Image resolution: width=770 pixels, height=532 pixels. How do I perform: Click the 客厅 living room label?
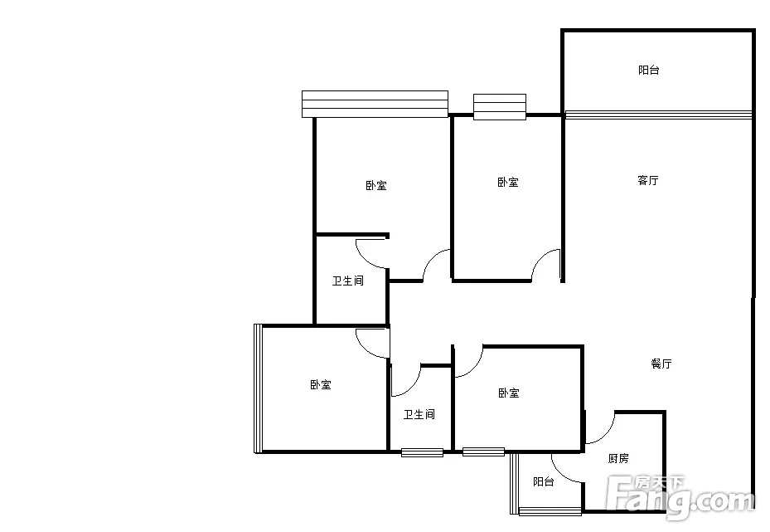(x=647, y=180)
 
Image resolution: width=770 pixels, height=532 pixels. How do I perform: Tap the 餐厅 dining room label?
(x=661, y=364)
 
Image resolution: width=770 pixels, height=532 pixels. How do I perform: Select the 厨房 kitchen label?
(x=618, y=458)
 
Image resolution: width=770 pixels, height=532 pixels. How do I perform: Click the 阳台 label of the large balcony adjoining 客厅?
(x=649, y=70)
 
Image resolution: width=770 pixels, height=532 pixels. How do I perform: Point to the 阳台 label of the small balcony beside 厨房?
(x=544, y=482)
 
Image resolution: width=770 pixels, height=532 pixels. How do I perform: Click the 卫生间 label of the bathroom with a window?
(x=419, y=414)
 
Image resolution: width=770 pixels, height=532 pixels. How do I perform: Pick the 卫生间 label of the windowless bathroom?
(x=347, y=281)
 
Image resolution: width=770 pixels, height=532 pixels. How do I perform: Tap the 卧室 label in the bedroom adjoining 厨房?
(x=508, y=393)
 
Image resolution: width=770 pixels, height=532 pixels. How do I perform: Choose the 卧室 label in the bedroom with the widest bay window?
(x=376, y=185)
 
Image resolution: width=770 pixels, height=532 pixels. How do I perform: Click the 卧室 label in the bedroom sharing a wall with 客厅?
(x=508, y=183)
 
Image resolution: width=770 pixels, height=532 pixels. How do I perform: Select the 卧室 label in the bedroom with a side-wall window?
(x=321, y=384)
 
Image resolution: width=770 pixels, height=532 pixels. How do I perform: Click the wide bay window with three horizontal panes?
(x=375, y=105)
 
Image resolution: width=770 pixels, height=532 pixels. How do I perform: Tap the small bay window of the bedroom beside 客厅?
(x=500, y=107)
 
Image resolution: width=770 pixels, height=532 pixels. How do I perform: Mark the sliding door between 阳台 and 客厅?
(x=659, y=115)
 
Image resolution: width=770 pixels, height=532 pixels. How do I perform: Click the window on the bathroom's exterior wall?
(x=423, y=452)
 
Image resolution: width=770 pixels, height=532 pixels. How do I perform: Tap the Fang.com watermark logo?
(x=680, y=498)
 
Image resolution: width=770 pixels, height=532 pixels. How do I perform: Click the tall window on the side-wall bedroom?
(x=258, y=388)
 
